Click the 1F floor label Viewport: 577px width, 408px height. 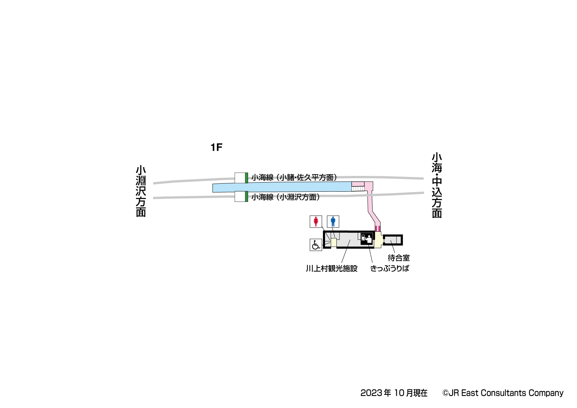point(216,147)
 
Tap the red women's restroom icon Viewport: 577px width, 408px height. point(316,222)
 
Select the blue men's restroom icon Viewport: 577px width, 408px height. point(333,222)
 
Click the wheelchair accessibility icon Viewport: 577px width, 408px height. point(316,245)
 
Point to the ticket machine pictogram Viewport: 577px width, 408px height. point(367,239)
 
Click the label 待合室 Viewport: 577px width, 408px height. point(398,258)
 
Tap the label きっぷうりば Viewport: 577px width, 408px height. point(390,269)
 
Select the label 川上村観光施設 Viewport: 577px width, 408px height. point(331,269)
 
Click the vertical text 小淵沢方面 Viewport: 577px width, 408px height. point(141,191)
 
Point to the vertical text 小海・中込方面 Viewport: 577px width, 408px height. point(437,185)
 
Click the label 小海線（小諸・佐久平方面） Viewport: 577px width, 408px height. point(294,178)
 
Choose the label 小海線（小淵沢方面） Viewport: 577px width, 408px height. point(286,197)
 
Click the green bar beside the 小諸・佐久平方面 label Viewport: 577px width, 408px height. point(247,178)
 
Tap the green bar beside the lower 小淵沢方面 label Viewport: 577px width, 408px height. point(247,197)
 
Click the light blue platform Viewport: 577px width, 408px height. point(281,187)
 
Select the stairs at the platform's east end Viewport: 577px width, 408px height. point(358,189)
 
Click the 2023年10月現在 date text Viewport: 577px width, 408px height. point(394,393)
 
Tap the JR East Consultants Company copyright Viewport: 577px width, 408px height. point(503,393)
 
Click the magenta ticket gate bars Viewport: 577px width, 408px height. point(378,229)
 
